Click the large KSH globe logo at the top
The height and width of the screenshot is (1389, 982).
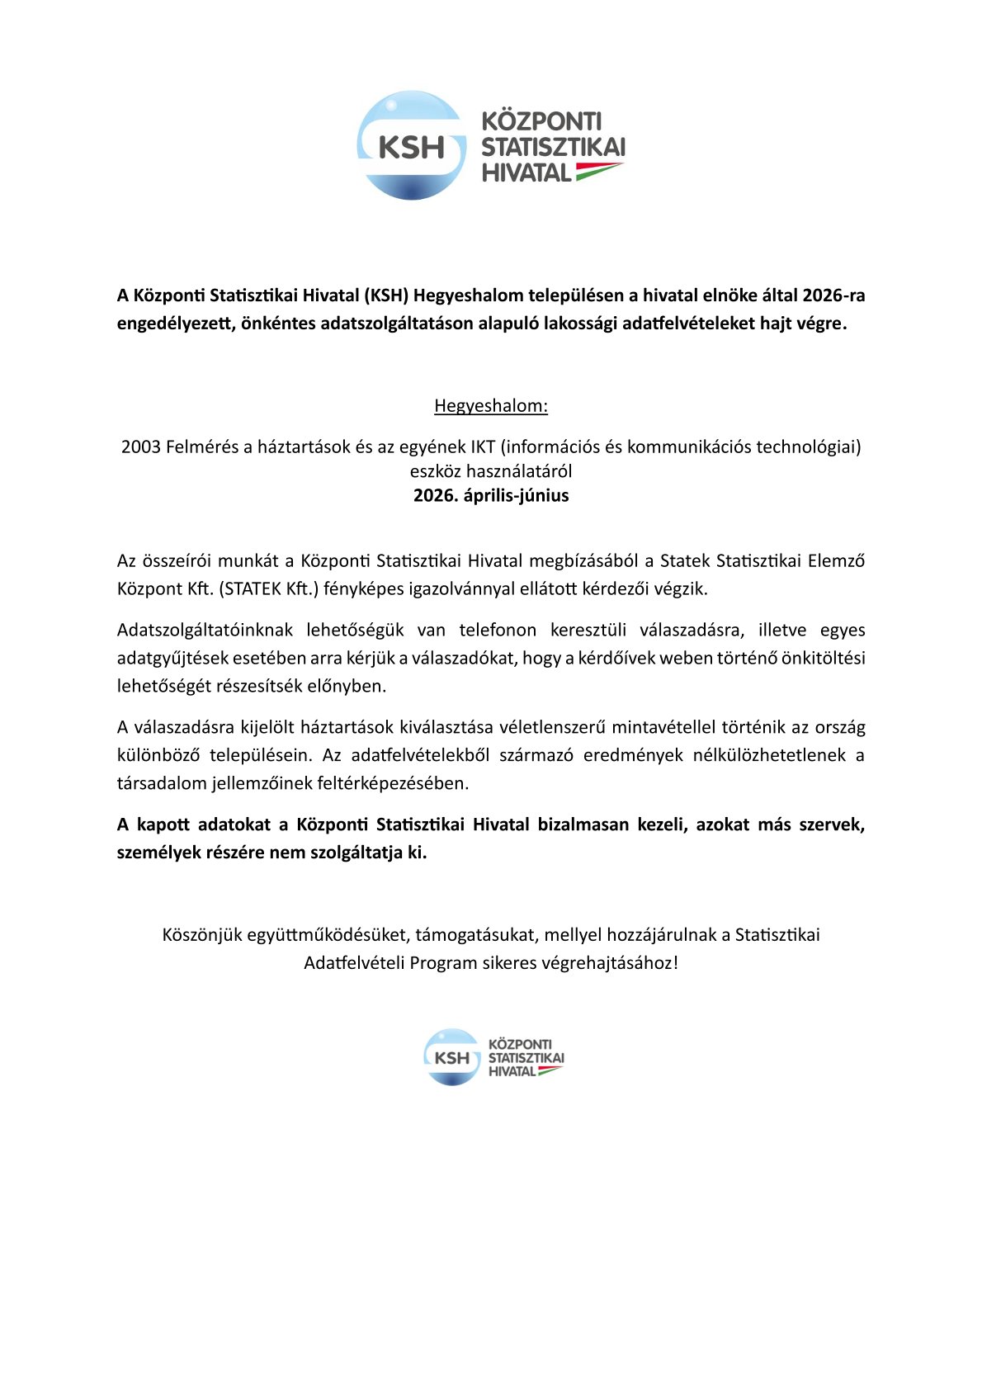(412, 146)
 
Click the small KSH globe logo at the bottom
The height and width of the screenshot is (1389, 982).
(451, 1057)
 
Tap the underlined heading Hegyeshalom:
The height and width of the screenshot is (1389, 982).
(491, 406)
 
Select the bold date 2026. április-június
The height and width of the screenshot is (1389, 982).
(491, 496)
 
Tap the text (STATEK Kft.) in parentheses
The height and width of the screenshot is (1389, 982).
(269, 589)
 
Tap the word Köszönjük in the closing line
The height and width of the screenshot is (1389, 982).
(201, 935)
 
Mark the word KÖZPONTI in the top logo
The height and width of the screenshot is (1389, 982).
(541, 122)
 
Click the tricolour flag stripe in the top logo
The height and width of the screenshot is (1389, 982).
(598, 171)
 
